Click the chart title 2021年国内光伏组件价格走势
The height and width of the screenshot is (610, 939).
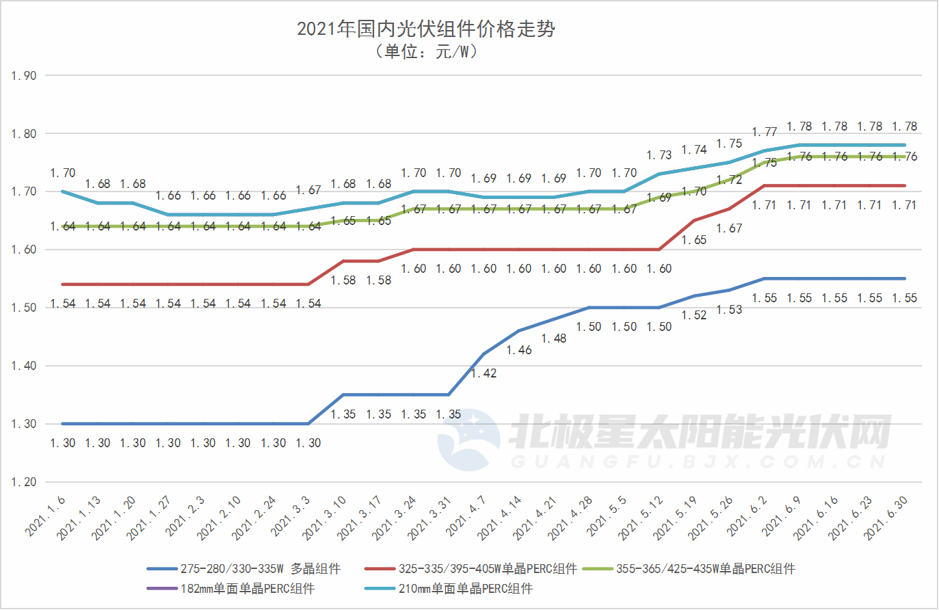click(x=425, y=29)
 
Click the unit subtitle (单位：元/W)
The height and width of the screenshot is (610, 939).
click(x=425, y=52)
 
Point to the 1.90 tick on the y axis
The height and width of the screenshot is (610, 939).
click(x=24, y=76)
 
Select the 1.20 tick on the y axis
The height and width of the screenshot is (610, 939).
click(x=24, y=482)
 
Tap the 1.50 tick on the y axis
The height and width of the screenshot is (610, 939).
click(x=24, y=308)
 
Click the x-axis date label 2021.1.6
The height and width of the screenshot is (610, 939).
click(x=47, y=516)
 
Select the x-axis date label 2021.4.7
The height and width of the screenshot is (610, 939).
click(x=466, y=516)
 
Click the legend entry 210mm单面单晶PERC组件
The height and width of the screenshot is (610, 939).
click(x=465, y=589)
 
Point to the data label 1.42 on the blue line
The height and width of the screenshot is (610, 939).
click(x=484, y=373)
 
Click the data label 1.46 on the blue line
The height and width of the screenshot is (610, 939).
click(x=519, y=350)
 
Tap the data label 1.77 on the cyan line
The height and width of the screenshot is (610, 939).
click(x=765, y=132)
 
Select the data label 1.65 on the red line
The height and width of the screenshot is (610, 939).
click(x=694, y=240)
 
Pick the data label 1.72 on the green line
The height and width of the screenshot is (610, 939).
click(x=730, y=180)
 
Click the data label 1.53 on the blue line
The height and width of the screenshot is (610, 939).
click(x=730, y=310)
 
